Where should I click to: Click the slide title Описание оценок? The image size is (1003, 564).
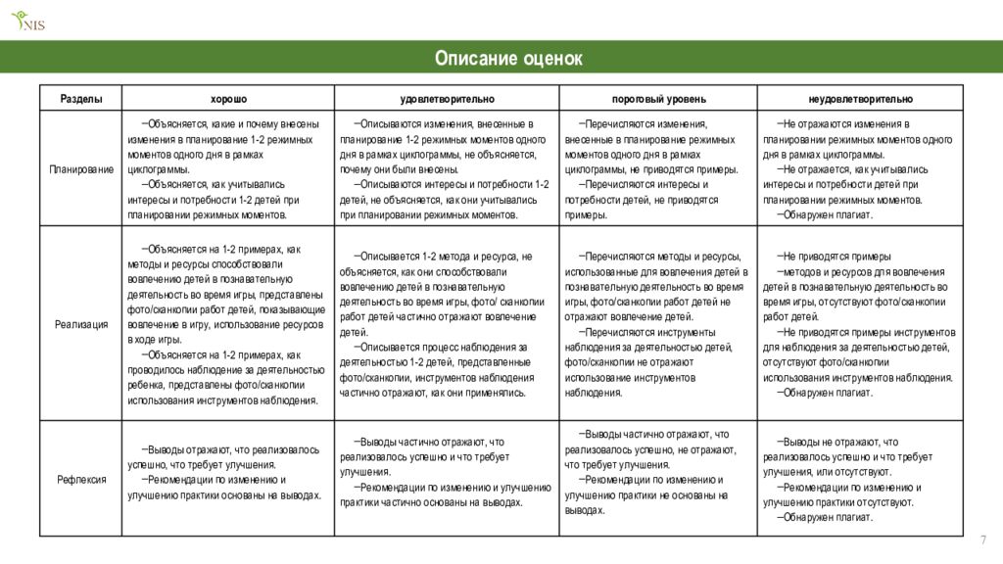508,59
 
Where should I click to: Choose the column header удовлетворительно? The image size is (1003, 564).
447,99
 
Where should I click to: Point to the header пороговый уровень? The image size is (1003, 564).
658,99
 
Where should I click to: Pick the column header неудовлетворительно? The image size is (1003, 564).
860,99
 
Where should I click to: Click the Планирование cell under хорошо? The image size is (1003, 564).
226,169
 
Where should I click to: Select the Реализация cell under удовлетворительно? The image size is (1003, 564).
446,324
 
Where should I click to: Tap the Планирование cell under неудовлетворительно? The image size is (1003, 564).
859,169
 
